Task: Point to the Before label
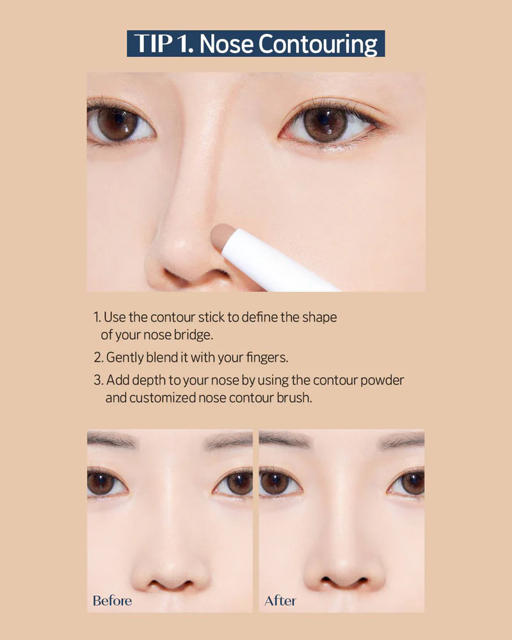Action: [112, 600]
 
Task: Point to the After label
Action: [280, 600]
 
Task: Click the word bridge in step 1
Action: [192, 335]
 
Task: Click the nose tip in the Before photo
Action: [170, 567]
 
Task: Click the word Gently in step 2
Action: [125, 358]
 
